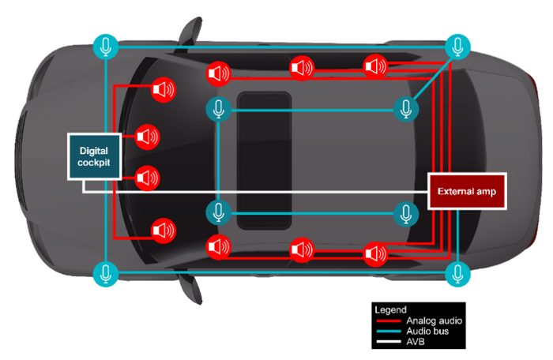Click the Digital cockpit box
[x=94, y=156]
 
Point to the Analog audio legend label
[x=434, y=321]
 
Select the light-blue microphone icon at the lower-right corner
[x=457, y=274]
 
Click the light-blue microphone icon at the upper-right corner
[x=457, y=47]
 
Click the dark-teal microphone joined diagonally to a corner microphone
[x=406, y=109]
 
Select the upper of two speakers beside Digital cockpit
[x=146, y=137]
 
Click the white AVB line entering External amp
[x=411, y=192]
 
